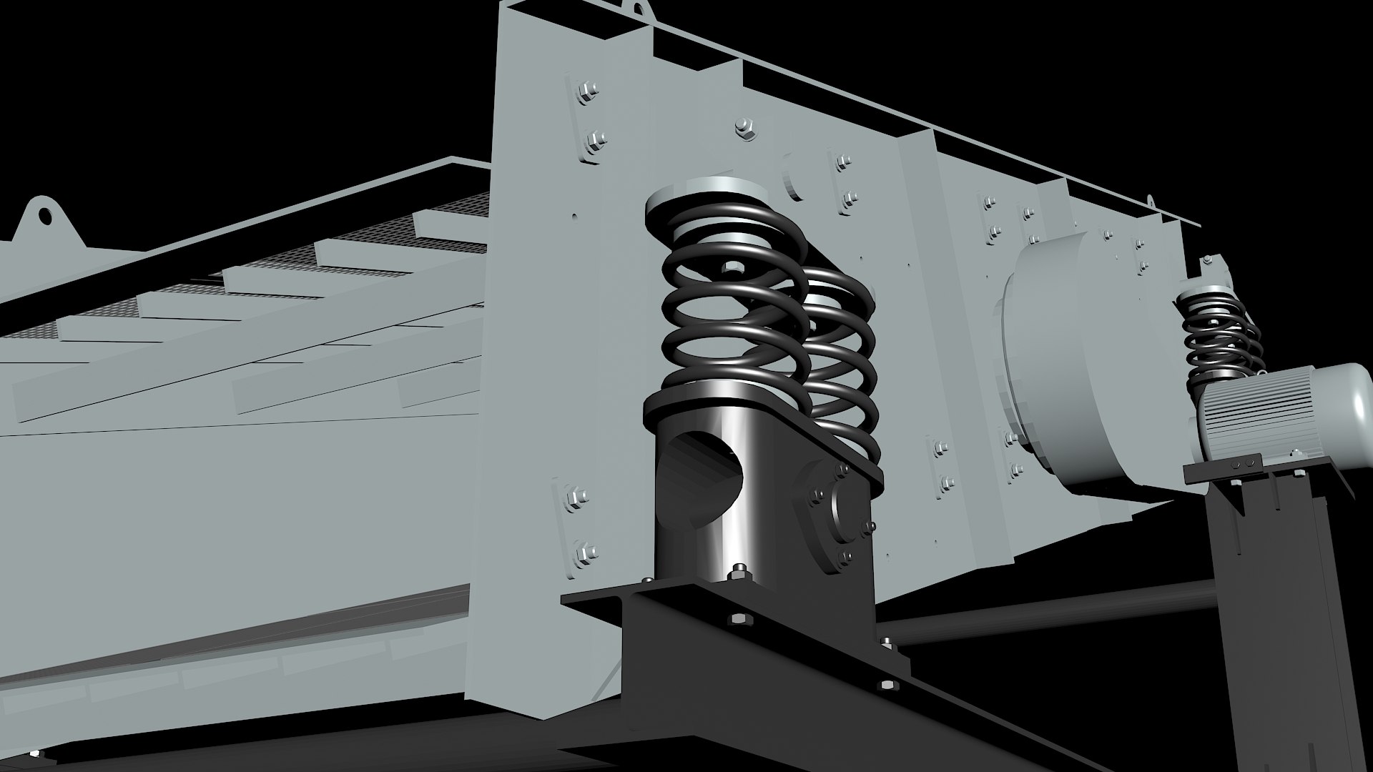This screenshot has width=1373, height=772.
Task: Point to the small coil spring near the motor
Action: click(x=1216, y=336)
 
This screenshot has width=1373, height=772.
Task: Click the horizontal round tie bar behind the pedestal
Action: click(x=1037, y=608)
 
